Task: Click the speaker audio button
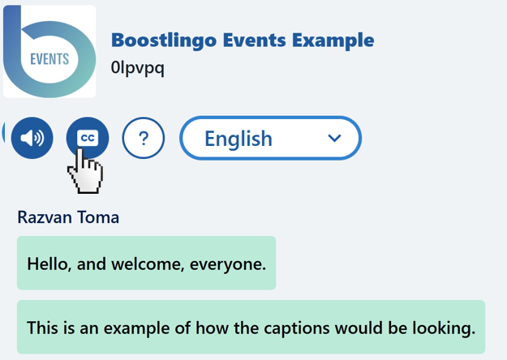32,138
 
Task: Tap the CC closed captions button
88,138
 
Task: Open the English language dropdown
270,138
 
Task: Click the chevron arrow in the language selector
334,139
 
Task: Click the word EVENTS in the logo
49,59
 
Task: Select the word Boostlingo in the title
164,41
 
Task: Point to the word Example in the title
333,41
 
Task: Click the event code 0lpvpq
137,68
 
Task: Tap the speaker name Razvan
41,217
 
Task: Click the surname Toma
94,217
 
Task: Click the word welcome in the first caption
148,264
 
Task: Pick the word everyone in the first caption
228,265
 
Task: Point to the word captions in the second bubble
297,328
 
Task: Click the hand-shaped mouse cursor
85,170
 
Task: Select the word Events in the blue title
255,40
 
